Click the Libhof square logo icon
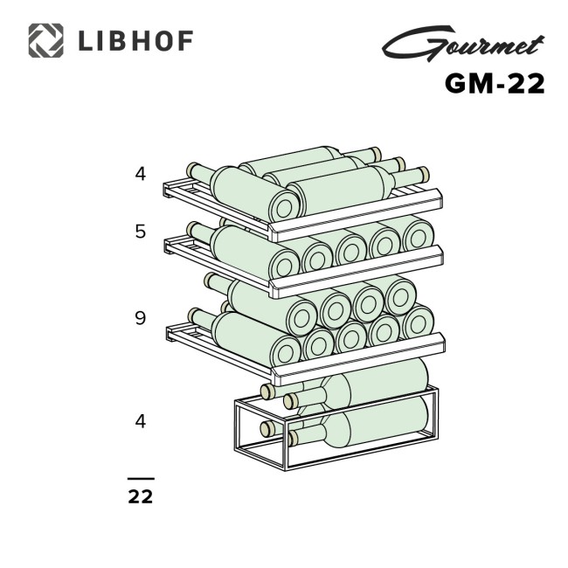(x=45, y=40)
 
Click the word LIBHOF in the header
(x=135, y=41)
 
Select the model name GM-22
(x=495, y=83)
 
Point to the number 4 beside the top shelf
(x=141, y=174)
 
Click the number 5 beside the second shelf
(x=141, y=232)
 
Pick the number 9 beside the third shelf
(x=141, y=318)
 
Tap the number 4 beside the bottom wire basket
(x=141, y=421)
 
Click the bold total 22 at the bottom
(x=141, y=497)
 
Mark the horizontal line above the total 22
(x=141, y=479)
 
